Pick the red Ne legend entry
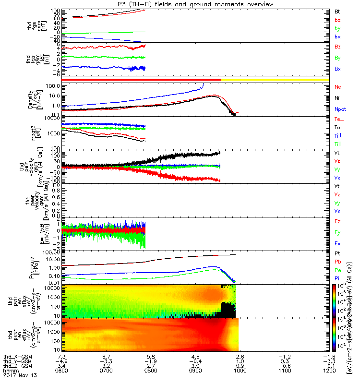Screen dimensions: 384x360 point(337,87)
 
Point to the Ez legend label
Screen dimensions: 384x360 point(337,221)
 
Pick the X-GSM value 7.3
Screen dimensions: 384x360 point(61,357)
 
